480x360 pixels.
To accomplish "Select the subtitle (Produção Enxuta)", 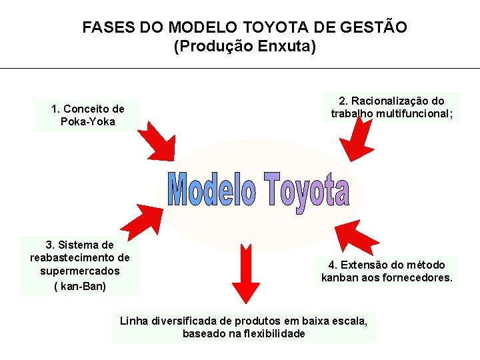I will tap(245, 47).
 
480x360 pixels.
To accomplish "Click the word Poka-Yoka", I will tap(87, 121).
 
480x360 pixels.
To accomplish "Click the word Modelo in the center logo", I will tap(211, 191).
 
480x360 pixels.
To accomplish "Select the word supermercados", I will tap(80, 271).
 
